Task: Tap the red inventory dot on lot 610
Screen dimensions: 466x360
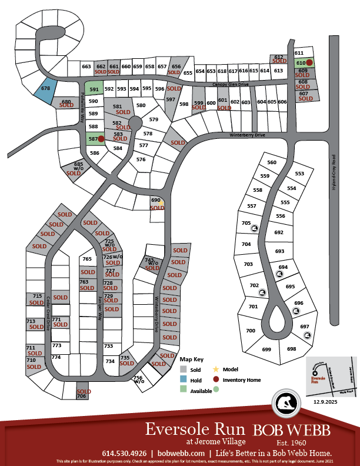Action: pyautogui.click(x=309, y=62)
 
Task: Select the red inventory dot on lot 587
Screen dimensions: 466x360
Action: pyautogui.click(x=101, y=139)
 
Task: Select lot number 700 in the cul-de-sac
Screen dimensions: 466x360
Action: pyautogui.click(x=251, y=331)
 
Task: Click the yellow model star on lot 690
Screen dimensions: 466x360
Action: pyautogui.click(x=161, y=202)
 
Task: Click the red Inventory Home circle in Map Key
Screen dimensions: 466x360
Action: pyautogui.click(x=216, y=380)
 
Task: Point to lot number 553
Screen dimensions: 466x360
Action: pyautogui.click(x=299, y=174)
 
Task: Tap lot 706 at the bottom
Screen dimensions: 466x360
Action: pyautogui.click(x=82, y=396)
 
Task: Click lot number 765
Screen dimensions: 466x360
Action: pyautogui.click(x=87, y=259)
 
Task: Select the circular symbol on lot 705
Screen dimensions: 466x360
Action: pyautogui.click(x=255, y=229)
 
